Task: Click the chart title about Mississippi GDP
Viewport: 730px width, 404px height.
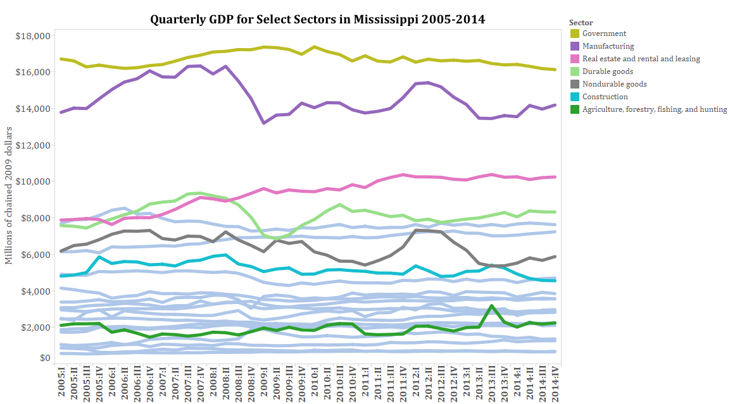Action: tap(317, 19)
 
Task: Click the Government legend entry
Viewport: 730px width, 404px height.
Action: tap(604, 34)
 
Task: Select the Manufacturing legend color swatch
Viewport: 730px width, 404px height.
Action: tap(575, 46)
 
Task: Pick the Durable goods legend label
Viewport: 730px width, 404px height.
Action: tap(607, 71)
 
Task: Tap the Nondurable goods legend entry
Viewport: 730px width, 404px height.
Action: tap(614, 84)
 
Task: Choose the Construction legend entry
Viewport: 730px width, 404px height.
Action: tap(605, 97)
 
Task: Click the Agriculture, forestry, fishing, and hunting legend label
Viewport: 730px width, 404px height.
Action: tap(654, 109)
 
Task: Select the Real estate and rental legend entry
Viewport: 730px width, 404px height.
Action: tap(641, 59)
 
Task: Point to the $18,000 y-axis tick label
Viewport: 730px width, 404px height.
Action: tap(32, 36)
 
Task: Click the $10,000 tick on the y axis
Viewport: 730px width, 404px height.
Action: tap(32, 181)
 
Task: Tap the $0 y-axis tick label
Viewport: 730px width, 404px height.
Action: tap(44, 358)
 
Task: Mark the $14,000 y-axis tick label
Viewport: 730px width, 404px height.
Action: tap(32, 109)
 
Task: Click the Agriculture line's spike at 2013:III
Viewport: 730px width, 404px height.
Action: tap(491, 306)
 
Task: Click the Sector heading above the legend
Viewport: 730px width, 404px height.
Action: tap(581, 23)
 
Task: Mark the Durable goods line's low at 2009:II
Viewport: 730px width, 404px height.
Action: tap(277, 238)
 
